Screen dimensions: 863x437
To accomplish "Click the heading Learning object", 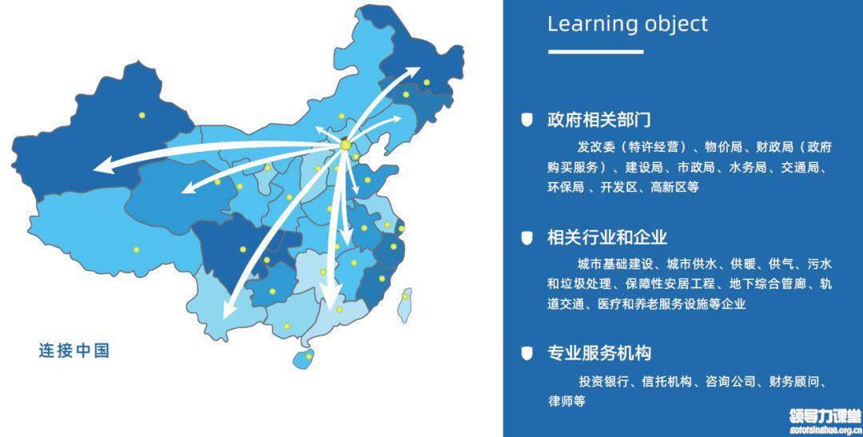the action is tap(627, 25).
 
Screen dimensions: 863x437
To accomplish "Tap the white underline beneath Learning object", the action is tap(595, 52).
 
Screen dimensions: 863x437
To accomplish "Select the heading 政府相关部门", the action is tap(599, 119).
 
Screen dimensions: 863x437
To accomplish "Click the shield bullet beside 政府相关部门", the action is tap(527, 119).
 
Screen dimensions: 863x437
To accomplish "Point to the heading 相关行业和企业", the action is tap(607, 237).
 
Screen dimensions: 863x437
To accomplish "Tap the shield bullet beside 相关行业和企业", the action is tap(527, 237).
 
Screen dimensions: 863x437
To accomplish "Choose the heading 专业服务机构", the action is tap(599, 353).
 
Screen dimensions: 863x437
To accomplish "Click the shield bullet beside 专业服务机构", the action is tap(527, 353).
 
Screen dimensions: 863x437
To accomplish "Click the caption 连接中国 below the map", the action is tap(74, 351).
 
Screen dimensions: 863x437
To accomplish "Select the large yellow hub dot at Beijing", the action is tap(345, 145).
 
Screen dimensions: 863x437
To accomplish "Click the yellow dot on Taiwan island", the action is tap(405, 296).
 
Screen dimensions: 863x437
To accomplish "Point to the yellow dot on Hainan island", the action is tap(308, 356).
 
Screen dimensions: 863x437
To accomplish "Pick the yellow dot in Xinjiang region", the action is tap(141, 115).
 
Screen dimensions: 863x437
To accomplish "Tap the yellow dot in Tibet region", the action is tap(136, 249).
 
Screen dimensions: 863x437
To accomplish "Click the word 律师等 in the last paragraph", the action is tap(567, 401).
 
